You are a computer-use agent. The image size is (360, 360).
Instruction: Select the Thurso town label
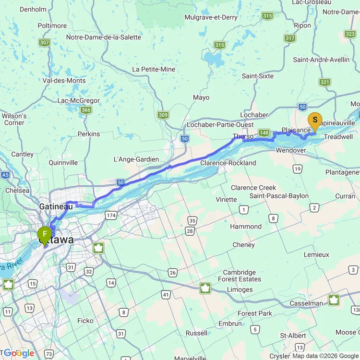click(x=243, y=136)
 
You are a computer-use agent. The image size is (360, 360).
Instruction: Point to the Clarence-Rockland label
click(x=228, y=163)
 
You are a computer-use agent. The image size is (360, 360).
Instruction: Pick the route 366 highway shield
click(x=86, y=110)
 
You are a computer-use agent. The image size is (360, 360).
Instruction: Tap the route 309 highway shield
click(x=163, y=115)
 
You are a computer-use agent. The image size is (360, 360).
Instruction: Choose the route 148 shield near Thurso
click(x=264, y=132)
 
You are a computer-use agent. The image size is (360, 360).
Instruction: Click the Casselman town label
click(x=306, y=303)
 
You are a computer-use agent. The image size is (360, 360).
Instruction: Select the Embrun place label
click(x=230, y=324)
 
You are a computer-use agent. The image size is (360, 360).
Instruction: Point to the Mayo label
click(x=201, y=97)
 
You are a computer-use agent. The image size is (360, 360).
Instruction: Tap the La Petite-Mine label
click(x=154, y=69)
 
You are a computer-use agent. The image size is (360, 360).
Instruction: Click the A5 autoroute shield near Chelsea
click(x=5, y=175)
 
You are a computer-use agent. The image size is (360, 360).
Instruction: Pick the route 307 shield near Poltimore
click(x=45, y=43)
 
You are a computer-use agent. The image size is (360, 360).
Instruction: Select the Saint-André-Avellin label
click(x=321, y=60)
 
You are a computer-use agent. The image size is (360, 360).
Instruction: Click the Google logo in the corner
click(x=19, y=353)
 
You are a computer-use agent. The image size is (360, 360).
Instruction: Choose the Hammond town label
click(x=246, y=227)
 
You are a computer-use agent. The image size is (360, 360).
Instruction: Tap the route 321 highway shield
click(x=325, y=82)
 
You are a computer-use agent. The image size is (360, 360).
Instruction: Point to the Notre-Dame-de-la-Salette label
click(x=104, y=37)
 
